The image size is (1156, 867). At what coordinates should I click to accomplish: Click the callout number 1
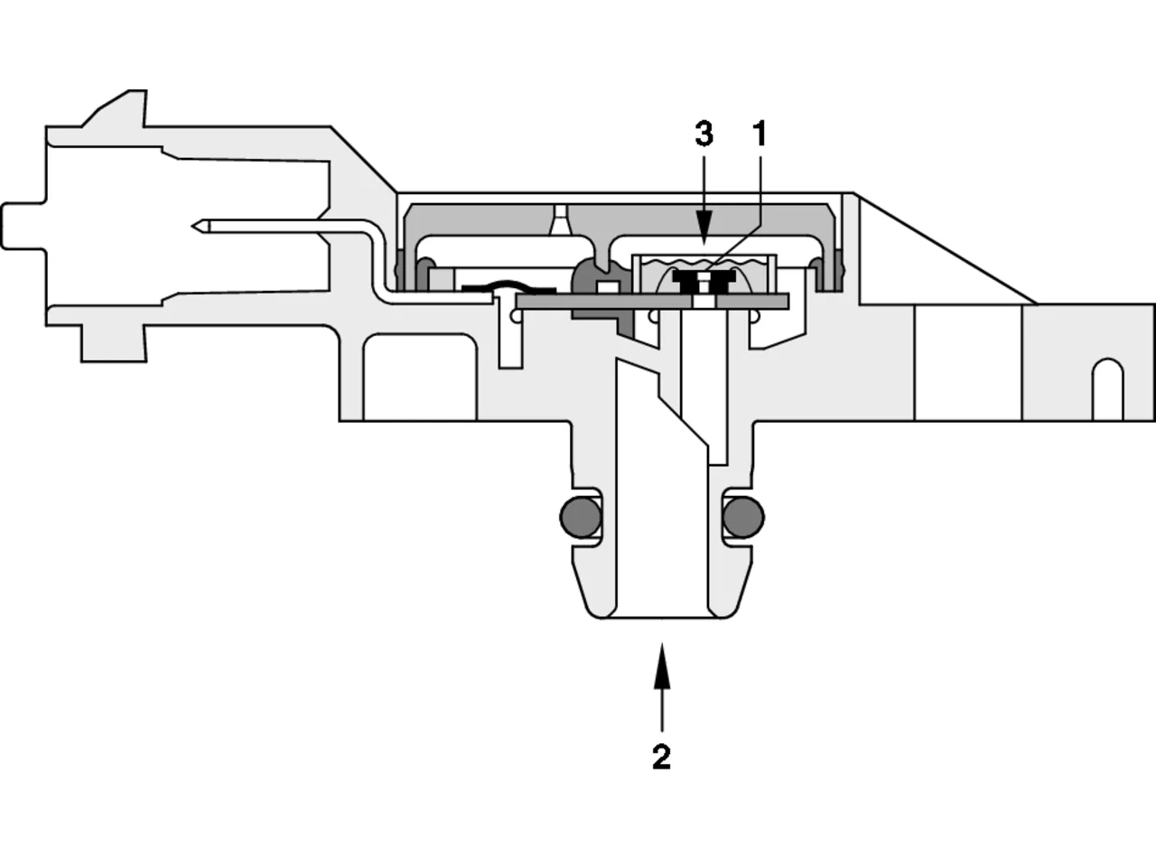pyautogui.click(x=760, y=134)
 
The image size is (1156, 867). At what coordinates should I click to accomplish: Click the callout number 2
pyautogui.click(x=661, y=757)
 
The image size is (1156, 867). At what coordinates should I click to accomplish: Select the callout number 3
pyautogui.click(x=704, y=134)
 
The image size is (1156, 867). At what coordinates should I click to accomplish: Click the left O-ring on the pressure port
pyautogui.click(x=581, y=517)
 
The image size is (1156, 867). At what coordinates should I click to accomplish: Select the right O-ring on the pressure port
pyautogui.click(x=743, y=517)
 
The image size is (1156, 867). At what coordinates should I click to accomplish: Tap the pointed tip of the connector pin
pyautogui.click(x=192, y=227)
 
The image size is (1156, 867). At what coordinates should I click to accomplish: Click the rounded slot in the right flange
pyautogui.click(x=1107, y=389)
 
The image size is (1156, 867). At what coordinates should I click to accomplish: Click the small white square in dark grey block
pyautogui.click(x=609, y=287)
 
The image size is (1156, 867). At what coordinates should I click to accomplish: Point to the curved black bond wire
pyautogui.click(x=508, y=286)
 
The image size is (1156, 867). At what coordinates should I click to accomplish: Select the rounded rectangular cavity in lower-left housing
pyautogui.click(x=420, y=377)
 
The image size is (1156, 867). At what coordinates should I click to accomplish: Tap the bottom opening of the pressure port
pyautogui.click(x=661, y=617)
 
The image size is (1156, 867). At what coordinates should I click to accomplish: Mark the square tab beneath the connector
pyautogui.click(x=113, y=344)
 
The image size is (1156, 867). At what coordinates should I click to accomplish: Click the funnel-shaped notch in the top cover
pyautogui.click(x=560, y=220)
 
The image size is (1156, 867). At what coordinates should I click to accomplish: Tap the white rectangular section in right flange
pyautogui.click(x=968, y=362)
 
